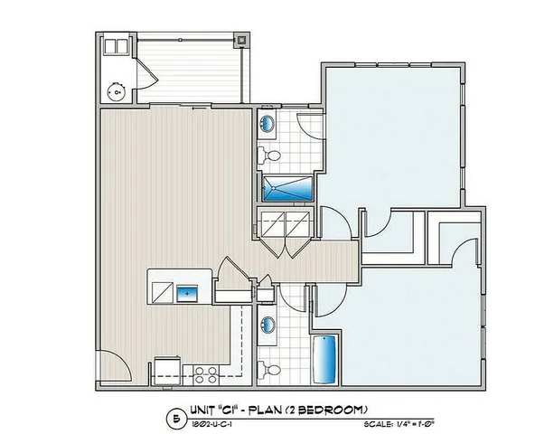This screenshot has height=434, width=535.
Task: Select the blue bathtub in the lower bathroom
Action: tap(325, 359)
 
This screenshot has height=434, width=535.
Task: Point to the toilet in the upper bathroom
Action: tap(267, 156)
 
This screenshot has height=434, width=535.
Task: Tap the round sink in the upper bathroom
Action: tap(268, 123)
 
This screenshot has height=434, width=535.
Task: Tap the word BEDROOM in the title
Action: tap(329, 409)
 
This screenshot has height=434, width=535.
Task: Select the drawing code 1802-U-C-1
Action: tap(210, 422)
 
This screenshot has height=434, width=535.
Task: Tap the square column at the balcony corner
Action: tap(241, 41)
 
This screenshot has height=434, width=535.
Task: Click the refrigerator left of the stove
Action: tap(166, 370)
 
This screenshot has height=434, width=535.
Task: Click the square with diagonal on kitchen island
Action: tap(162, 293)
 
